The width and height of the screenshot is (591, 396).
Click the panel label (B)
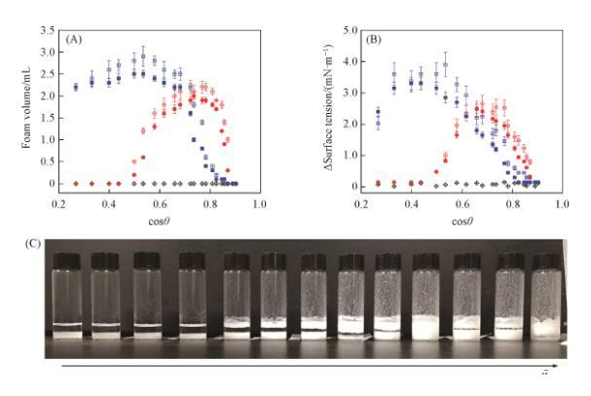click(x=373, y=38)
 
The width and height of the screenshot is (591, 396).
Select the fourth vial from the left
click(x=193, y=302)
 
